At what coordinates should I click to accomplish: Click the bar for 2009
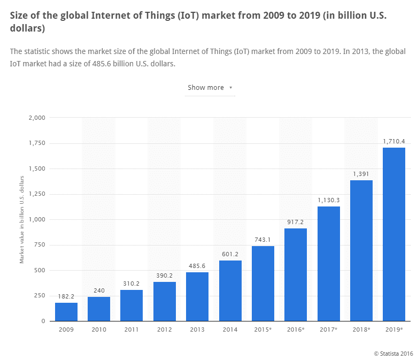66,312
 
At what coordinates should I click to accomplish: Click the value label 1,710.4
393,141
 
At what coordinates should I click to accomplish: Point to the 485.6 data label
197,266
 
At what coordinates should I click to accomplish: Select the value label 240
99,290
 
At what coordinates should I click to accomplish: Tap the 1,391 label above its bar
361,174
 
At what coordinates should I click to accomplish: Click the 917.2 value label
295,222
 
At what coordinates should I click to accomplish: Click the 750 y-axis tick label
40,245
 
